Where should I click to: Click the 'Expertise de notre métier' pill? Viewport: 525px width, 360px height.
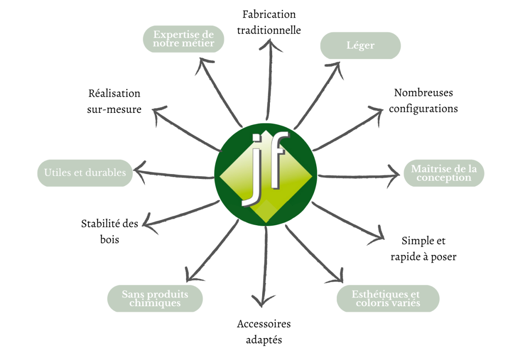184,38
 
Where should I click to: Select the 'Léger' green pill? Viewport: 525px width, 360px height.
360,45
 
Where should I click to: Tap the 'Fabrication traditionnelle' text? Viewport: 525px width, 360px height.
269,22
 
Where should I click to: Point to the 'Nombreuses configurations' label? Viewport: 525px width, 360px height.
423,101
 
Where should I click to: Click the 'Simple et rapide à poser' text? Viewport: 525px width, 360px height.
423,248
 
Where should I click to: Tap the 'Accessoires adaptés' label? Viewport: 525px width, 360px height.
264,332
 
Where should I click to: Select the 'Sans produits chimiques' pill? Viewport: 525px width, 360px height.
155,298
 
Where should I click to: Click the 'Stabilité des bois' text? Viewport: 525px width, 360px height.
109,231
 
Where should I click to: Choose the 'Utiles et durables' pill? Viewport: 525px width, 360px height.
85,173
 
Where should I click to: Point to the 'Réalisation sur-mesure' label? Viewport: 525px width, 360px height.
114,101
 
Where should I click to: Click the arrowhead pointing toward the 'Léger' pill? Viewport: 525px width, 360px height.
337,67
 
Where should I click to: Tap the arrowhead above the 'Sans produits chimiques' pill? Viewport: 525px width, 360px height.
189,275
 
